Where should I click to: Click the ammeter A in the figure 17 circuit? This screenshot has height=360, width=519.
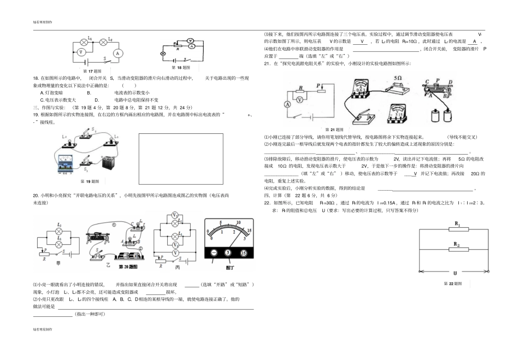(x=116, y=53)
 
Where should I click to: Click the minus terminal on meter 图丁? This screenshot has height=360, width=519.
(x=214, y=253)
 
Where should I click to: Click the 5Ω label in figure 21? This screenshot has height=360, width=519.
(x=397, y=78)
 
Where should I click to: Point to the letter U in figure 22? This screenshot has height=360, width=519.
(x=455, y=272)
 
